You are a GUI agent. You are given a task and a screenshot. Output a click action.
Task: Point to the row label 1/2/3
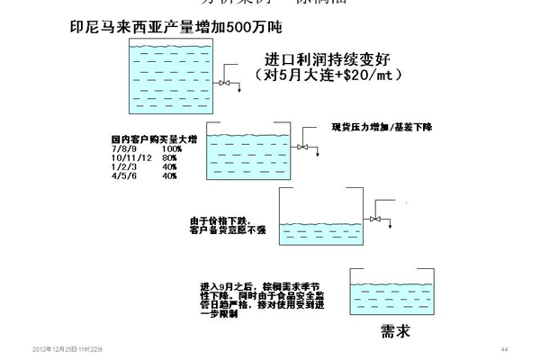tap(122, 166)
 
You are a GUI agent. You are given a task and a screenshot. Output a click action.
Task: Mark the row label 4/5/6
tap(122, 175)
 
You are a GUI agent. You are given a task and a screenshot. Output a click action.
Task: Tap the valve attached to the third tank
tap(376, 218)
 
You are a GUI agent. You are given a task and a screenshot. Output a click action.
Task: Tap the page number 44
tap(504, 349)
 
